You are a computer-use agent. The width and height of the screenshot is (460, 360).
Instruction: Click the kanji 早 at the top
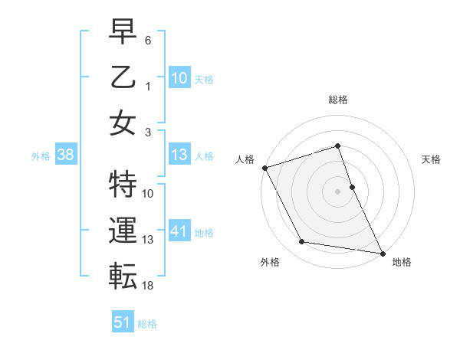[x=123, y=32]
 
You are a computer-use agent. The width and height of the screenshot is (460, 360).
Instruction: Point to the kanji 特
[x=123, y=182]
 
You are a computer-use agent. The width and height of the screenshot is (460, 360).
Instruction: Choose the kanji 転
[x=123, y=274]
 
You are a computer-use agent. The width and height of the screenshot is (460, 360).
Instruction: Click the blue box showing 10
[x=179, y=77]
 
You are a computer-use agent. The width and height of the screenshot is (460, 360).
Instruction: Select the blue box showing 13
[x=179, y=155]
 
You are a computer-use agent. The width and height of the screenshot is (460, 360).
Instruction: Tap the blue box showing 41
[x=179, y=232]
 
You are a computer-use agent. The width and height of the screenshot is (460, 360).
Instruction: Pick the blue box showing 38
[x=65, y=155]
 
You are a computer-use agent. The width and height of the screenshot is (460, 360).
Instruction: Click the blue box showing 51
[x=122, y=322]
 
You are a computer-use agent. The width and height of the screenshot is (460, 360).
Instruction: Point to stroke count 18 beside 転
[x=148, y=286]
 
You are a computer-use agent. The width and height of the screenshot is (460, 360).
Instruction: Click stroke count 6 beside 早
[x=148, y=39]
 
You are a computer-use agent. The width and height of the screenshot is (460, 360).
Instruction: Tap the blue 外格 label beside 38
[x=41, y=156]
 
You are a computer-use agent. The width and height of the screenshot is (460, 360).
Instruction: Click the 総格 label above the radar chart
[x=338, y=100]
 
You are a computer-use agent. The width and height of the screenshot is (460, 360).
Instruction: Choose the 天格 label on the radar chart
[x=432, y=159]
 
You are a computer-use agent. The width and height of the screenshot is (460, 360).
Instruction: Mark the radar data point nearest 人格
[x=264, y=167]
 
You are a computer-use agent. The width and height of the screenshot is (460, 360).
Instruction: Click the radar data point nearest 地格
[x=382, y=252]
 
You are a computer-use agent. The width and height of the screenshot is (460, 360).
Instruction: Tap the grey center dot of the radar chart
[x=338, y=191]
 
